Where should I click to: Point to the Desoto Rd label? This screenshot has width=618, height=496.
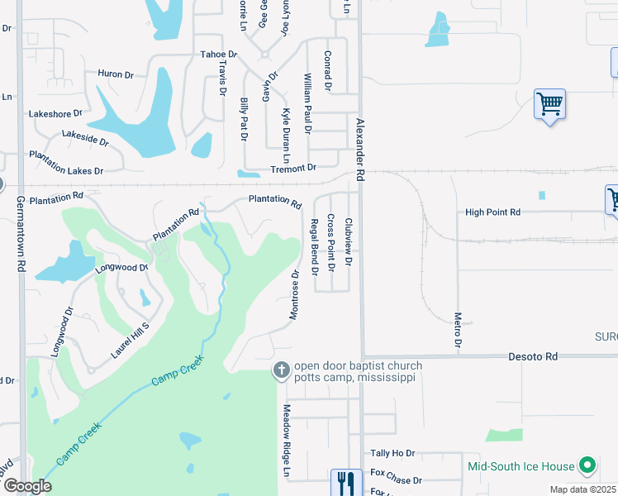[533, 356]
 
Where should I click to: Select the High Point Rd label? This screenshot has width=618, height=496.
[492, 212]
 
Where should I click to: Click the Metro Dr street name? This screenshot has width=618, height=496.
[457, 329]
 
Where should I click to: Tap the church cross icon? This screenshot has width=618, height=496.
[281, 371]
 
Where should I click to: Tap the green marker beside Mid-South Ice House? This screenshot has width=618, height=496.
[587, 465]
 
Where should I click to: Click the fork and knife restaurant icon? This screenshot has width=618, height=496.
[345, 483]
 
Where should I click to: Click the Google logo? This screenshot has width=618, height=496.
[26, 486]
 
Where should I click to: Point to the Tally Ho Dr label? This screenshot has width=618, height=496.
[392, 453]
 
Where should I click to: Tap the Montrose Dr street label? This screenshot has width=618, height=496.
[294, 293]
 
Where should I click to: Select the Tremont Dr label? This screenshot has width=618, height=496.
[294, 168]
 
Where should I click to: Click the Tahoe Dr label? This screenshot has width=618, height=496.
[219, 55]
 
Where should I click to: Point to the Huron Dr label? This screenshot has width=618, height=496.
[116, 74]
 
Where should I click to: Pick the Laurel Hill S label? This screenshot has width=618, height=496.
[130, 341]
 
